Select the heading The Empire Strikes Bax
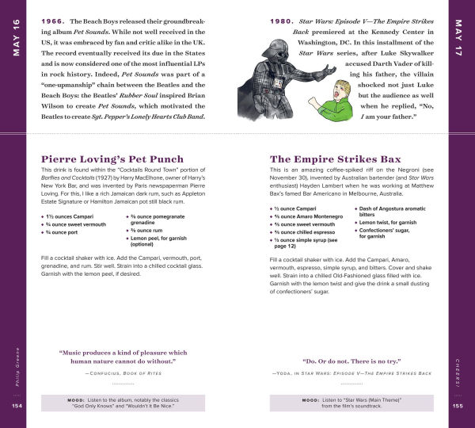click(336, 159)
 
